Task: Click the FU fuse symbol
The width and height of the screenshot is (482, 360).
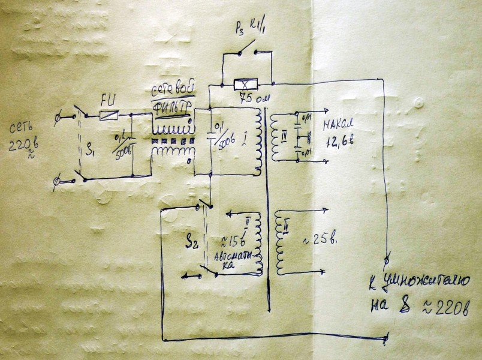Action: (108, 115)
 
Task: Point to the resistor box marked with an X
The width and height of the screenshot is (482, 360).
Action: (246, 85)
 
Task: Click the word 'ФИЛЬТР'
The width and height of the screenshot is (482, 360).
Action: (173, 107)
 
